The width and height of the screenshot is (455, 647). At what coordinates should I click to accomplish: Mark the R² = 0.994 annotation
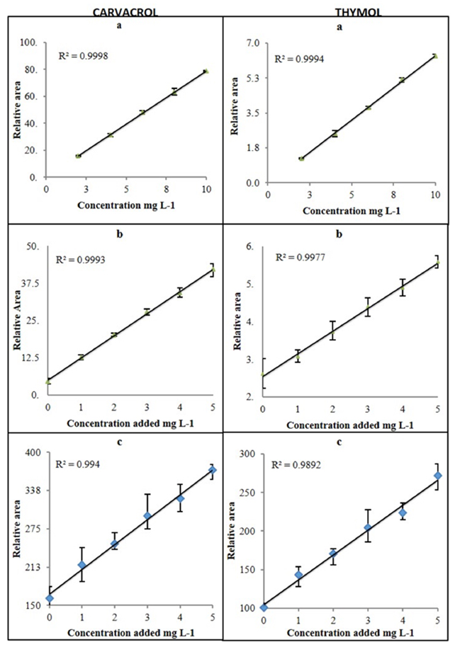pos(79,465)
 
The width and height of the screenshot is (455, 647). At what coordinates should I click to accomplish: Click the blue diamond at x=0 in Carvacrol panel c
pos(49,598)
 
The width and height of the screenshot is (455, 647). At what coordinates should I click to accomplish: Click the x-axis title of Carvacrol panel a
pos(125,206)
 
